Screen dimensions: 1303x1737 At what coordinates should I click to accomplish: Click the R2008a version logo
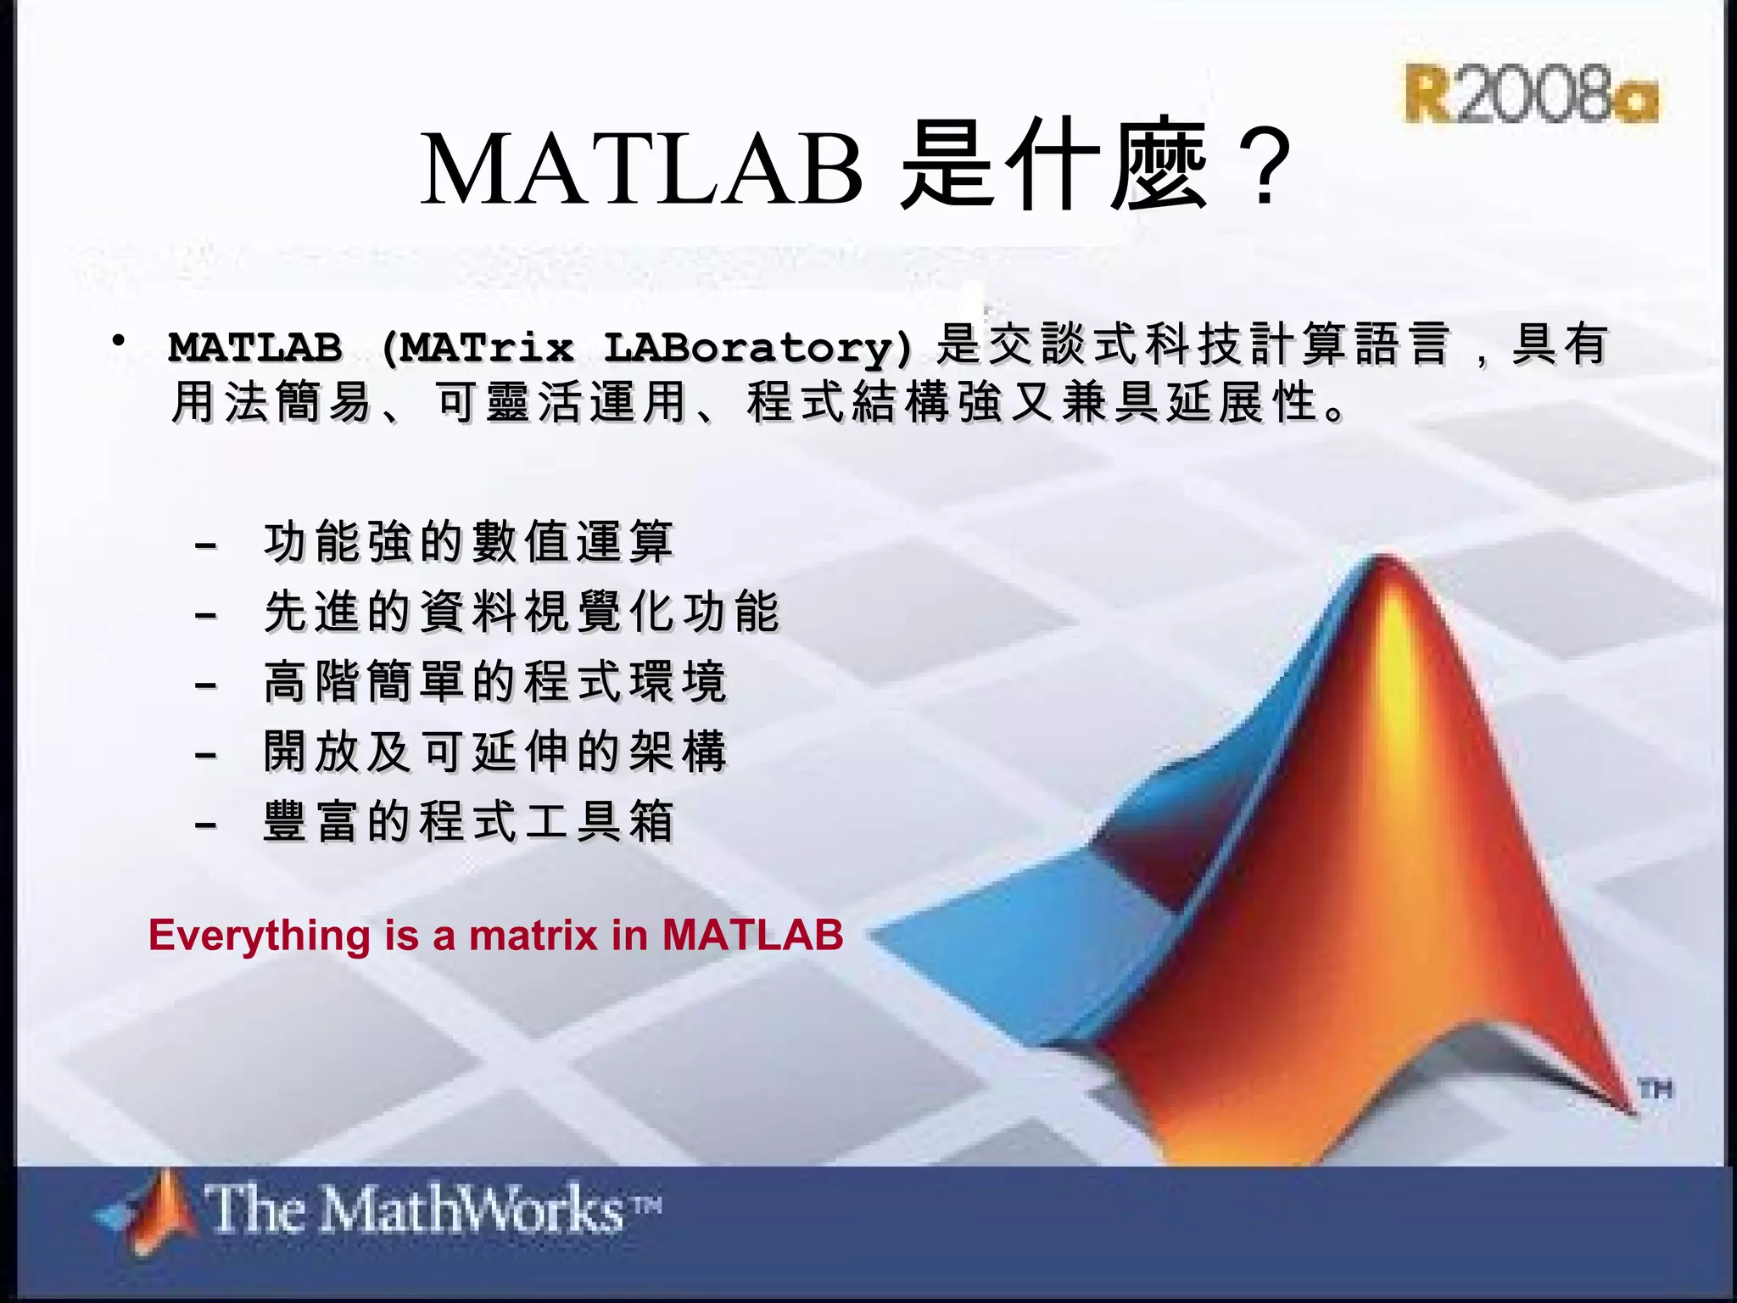tap(1531, 93)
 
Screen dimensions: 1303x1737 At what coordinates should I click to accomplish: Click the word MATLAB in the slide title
tap(641, 168)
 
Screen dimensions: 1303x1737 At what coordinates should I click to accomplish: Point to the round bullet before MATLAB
tap(120, 341)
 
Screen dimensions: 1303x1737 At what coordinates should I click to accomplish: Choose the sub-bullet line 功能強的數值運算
tap(468, 542)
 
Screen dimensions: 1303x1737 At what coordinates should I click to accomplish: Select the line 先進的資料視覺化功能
tap(521, 612)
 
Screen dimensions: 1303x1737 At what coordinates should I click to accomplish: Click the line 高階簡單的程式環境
tap(495, 681)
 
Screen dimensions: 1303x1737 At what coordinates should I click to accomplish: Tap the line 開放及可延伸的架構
tap(495, 752)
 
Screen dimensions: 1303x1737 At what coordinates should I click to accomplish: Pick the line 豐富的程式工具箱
tap(468, 821)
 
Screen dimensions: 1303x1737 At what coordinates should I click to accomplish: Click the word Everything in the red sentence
tap(260, 936)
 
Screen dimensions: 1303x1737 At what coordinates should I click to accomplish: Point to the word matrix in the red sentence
tap(533, 936)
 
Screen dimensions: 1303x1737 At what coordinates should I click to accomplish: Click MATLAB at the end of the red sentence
tap(753, 936)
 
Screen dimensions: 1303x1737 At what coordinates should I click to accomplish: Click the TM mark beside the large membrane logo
tap(1655, 1088)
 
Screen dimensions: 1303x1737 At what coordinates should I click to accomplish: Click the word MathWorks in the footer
tap(472, 1209)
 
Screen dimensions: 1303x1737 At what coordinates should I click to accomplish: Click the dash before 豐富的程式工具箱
tap(206, 824)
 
